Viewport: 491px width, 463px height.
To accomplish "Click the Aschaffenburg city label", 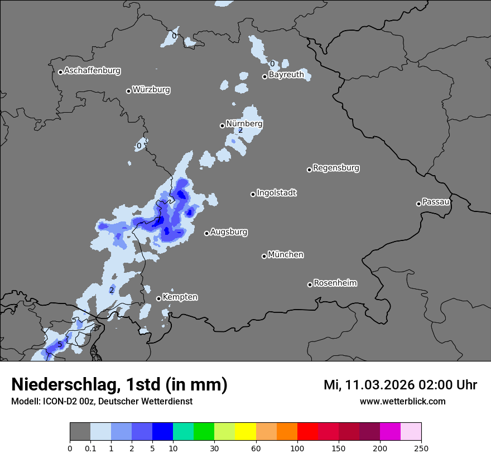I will (92, 71).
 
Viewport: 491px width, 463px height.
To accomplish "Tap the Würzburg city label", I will (151, 90).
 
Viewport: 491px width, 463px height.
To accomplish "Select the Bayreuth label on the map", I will (286, 75).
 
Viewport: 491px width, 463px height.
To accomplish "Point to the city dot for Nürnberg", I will (222, 126).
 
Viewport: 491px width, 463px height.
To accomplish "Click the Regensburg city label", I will (336, 168).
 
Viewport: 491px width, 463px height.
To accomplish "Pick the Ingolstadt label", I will (276, 193).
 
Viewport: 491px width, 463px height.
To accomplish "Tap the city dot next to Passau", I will (418, 204).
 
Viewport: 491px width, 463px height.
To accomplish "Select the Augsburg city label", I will (229, 232).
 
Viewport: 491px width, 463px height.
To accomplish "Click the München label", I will (286, 255).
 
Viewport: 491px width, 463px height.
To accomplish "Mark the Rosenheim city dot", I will (310, 284).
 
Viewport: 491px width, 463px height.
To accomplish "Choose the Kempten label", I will (180, 297).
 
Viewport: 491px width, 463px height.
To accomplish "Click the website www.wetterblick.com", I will (402, 402).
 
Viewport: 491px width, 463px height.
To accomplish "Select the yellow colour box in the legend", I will (245, 432).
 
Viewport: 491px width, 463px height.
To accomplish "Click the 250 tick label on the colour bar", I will (421, 448).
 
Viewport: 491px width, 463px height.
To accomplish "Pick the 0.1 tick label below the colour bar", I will (90, 448).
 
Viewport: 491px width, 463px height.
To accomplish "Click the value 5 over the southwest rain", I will (60, 345).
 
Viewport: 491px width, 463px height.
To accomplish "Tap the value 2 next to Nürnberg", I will (240, 131).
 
